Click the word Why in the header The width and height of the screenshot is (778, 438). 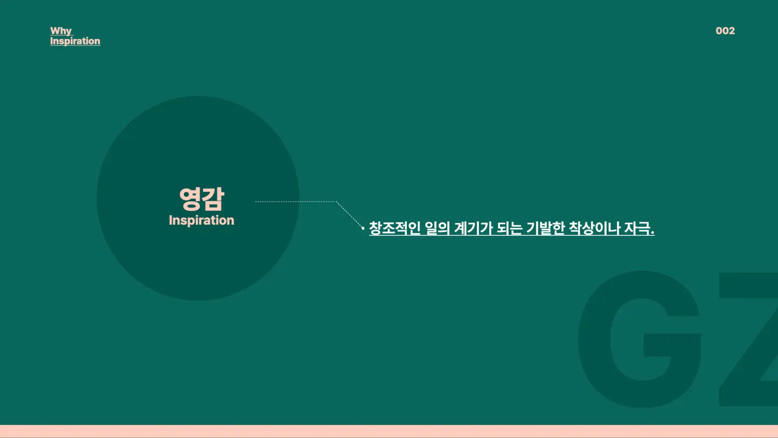(x=61, y=31)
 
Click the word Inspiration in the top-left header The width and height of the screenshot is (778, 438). (x=75, y=41)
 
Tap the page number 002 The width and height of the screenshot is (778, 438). (x=725, y=31)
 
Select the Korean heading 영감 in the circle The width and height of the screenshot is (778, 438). (x=202, y=199)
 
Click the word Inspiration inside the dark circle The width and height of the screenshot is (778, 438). (x=202, y=221)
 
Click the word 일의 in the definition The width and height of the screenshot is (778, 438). (x=437, y=228)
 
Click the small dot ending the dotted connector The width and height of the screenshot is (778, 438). (x=363, y=228)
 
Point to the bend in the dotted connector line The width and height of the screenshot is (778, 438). (x=336, y=202)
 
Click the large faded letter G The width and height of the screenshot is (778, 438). (x=640, y=339)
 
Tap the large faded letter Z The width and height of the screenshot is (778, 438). (x=748, y=339)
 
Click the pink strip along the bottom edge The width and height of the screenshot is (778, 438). (x=389, y=432)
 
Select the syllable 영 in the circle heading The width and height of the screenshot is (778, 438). (x=190, y=199)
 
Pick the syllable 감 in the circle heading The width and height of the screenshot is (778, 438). (x=213, y=199)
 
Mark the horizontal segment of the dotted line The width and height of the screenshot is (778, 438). (x=296, y=202)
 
